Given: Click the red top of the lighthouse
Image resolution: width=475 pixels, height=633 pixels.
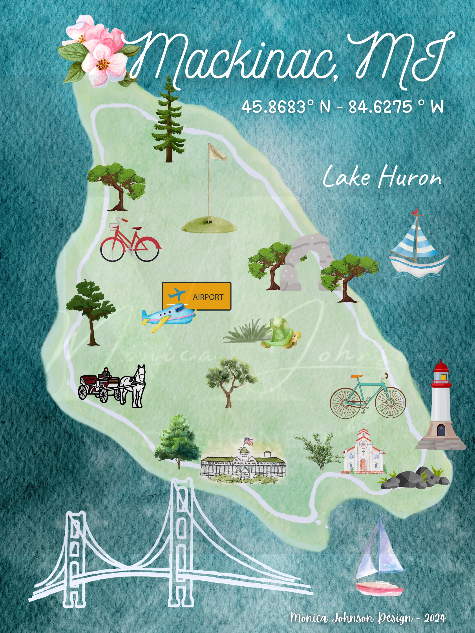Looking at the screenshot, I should click(x=441, y=367).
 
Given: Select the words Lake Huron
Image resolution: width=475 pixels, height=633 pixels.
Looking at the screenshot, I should click(x=382, y=177).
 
